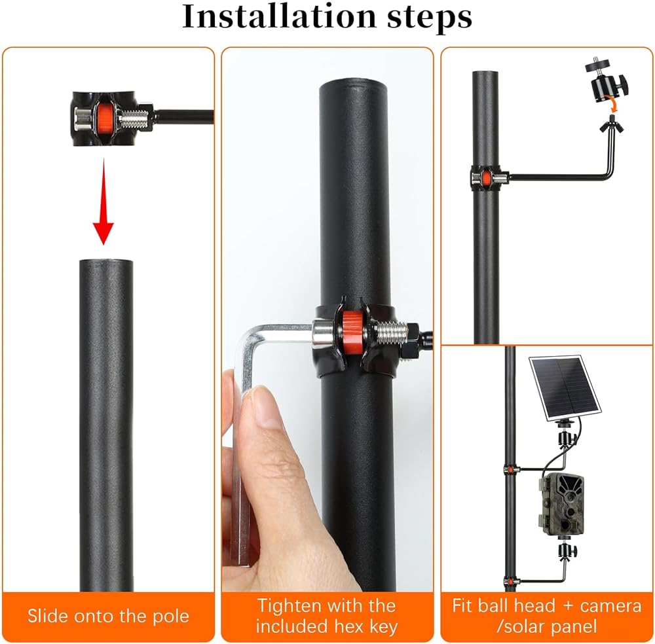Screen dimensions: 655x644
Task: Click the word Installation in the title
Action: click(x=280, y=17)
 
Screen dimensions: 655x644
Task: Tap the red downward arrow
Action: click(x=103, y=201)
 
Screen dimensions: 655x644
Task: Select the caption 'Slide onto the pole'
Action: click(x=108, y=616)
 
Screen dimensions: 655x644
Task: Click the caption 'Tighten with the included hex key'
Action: click(x=326, y=616)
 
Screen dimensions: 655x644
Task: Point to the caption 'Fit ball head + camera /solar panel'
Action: click(x=546, y=616)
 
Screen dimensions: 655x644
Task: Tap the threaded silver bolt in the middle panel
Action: click(x=390, y=332)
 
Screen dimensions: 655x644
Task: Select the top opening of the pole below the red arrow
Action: click(x=106, y=262)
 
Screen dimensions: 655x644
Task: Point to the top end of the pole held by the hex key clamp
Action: click(x=354, y=86)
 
